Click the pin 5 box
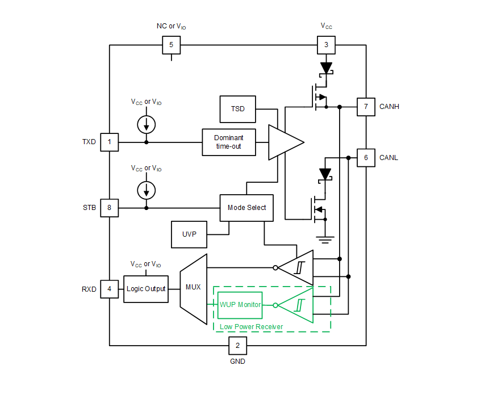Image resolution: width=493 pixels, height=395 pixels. click(172, 45)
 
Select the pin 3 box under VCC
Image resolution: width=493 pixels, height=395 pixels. click(326, 45)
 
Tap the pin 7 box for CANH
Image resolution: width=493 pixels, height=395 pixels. click(366, 107)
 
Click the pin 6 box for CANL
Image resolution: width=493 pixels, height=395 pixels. click(366, 158)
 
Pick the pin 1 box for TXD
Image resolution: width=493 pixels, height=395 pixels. click(110, 142)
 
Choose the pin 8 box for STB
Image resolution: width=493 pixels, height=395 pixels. click(110, 208)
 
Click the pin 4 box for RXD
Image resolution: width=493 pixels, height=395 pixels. click(110, 289)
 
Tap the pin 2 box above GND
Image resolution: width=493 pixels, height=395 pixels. click(237, 345)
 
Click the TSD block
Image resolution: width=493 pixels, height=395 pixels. click(237, 108)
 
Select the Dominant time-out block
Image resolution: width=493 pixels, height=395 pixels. click(229, 142)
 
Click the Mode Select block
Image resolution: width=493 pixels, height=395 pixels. click(246, 208)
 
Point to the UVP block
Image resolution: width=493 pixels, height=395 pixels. click(190, 234)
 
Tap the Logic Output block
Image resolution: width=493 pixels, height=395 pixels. click(146, 289)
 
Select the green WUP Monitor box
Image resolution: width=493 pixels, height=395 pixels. click(240, 305)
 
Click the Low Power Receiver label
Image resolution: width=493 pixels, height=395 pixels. click(251, 327)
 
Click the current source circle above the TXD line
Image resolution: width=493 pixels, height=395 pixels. click(147, 123)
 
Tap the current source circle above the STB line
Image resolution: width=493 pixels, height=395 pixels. click(147, 189)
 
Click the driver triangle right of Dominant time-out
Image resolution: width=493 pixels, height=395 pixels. click(284, 142)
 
